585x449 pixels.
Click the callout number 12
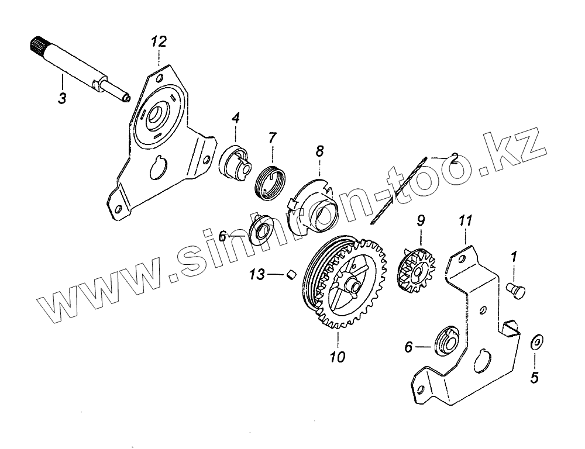point(159,42)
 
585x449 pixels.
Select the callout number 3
point(62,98)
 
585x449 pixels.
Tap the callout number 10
point(338,356)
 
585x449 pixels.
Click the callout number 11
point(464,221)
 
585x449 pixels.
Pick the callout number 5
point(534,378)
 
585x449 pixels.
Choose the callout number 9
point(421,221)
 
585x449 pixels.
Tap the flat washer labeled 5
point(536,342)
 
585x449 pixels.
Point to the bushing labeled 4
point(236,162)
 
